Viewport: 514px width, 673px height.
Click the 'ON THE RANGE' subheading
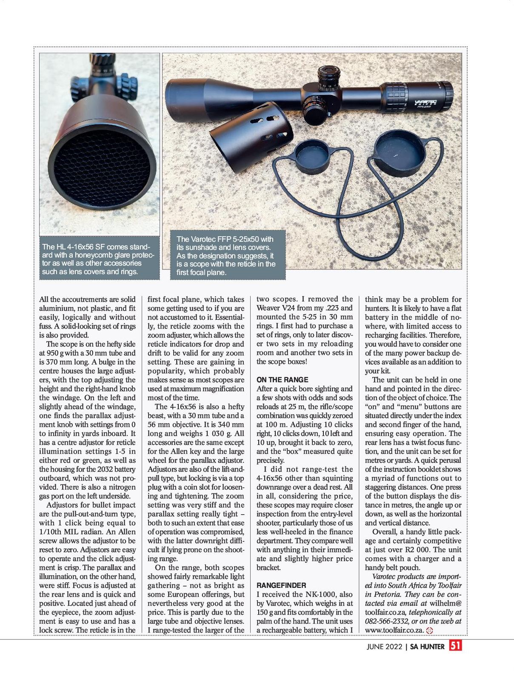point(283,379)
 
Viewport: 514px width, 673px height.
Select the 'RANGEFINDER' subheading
point(281,585)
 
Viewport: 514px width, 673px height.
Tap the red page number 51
point(456,646)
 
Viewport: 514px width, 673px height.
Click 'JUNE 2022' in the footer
point(384,647)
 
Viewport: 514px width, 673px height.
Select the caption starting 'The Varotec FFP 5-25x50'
point(226,255)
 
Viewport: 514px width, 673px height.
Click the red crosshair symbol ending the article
point(429,630)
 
